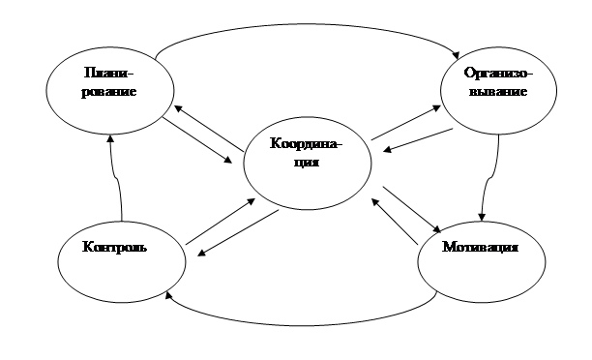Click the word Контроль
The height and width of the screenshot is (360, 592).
click(114, 247)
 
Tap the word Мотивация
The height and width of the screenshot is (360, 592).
click(480, 247)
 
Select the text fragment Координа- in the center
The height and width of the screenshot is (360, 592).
click(306, 143)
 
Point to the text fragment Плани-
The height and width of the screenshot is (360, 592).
click(108, 73)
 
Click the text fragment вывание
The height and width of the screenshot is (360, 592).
click(498, 91)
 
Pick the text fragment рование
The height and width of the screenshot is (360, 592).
click(108, 92)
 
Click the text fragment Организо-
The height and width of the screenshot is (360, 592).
click(498, 73)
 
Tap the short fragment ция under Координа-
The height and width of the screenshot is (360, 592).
click(307, 163)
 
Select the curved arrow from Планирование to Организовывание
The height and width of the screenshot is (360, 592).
click(306, 24)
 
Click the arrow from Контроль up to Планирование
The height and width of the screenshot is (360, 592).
click(117, 177)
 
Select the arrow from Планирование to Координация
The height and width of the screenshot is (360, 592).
click(197, 140)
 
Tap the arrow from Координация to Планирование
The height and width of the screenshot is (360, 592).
click(209, 128)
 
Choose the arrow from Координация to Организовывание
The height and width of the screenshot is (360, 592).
click(406, 122)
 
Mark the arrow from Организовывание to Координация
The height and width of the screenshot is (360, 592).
click(418, 140)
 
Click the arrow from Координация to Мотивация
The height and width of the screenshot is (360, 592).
click(412, 209)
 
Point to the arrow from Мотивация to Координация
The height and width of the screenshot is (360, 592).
click(395, 222)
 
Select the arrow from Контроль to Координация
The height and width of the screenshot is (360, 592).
click(221, 222)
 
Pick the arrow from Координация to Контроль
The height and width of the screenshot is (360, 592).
click(238, 233)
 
